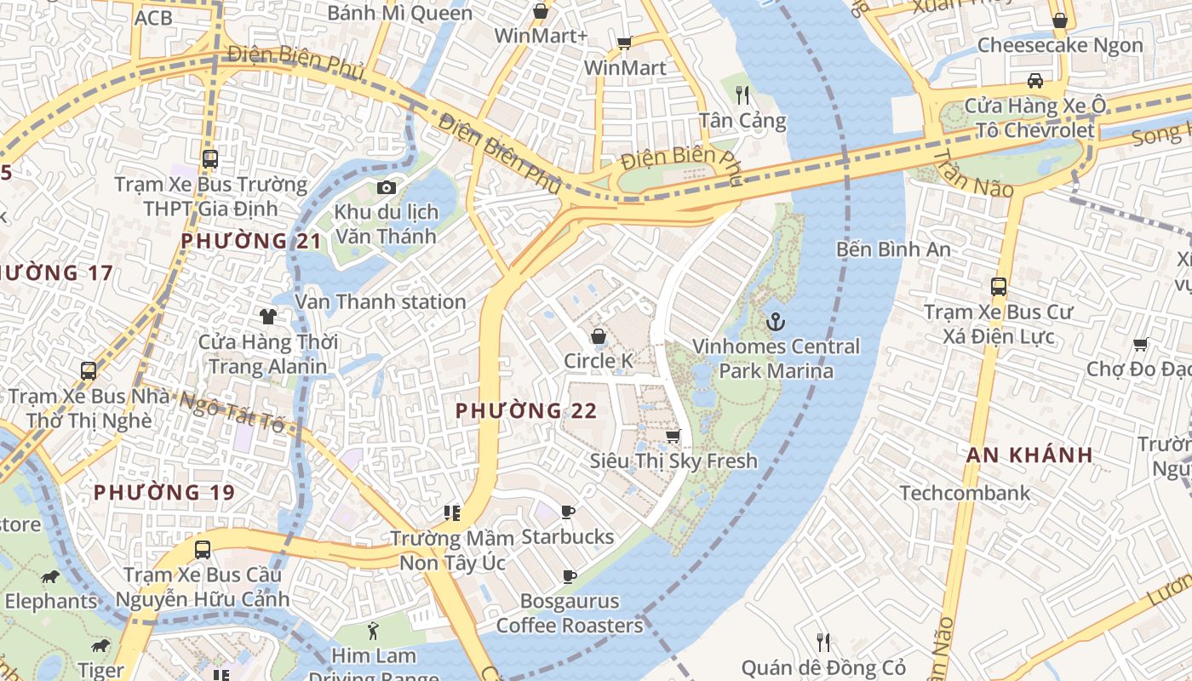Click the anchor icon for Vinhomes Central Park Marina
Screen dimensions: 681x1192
(x=775, y=322)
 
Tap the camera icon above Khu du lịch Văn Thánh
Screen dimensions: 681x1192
(x=386, y=187)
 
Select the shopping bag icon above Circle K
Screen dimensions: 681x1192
(x=599, y=336)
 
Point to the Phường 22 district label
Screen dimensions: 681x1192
(x=525, y=411)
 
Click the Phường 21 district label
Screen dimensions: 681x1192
(x=251, y=241)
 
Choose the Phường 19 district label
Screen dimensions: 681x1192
(x=163, y=492)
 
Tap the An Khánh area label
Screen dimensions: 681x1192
(x=1029, y=455)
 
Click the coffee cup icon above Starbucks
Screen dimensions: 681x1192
(x=568, y=512)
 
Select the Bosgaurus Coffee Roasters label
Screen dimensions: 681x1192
(x=569, y=614)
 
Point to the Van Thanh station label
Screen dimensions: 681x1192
(x=380, y=301)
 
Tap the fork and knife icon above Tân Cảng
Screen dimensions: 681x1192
(x=742, y=94)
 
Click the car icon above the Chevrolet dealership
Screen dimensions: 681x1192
(x=1034, y=81)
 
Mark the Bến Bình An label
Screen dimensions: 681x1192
(x=893, y=249)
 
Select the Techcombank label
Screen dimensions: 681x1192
(x=965, y=493)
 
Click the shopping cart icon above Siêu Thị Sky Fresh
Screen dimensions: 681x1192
(x=673, y=437)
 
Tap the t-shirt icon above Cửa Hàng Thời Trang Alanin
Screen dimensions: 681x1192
(x=268, y=317)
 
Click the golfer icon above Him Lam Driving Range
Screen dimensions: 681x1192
(x=373, y=631)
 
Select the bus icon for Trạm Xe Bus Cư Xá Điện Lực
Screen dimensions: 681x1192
(x=998, y=287)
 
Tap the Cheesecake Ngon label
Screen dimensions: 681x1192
(x=1060, y=45)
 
